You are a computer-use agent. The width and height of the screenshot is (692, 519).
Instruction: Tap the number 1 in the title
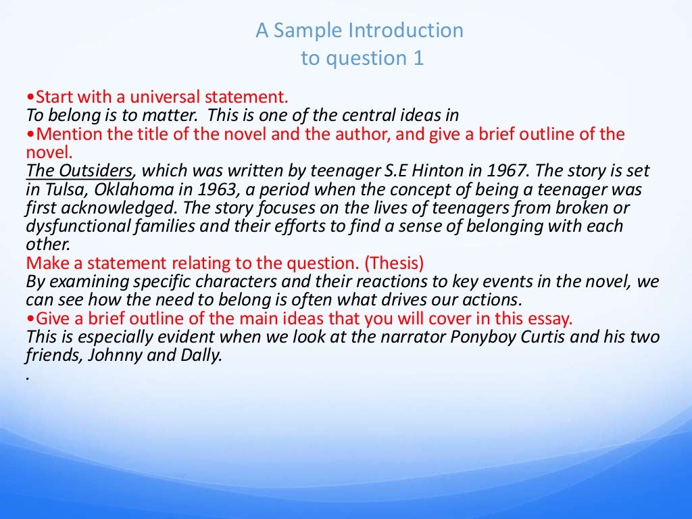point(418,59)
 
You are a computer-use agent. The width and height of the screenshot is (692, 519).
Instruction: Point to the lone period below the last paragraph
point(28,376)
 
